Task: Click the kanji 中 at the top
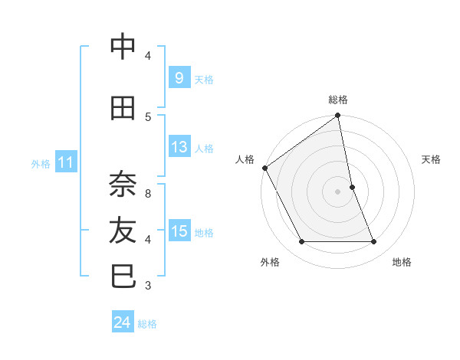123,47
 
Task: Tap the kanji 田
123,109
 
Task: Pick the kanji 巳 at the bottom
123,276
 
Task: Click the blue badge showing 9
179,77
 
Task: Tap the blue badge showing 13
179,147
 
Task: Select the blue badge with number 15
179,231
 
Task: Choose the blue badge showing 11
65,162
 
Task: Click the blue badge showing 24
122,322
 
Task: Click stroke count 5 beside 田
148,116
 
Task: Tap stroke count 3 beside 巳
148,286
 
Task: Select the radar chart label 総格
338,100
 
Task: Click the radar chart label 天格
431,159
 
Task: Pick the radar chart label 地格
402,262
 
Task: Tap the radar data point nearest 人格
264,168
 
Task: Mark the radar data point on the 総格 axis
338,116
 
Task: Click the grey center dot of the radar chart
338,191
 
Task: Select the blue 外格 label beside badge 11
41,163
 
